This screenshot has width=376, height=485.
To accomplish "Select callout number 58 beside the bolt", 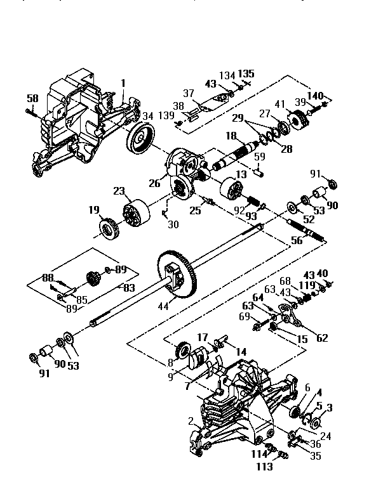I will [x=32, y=98].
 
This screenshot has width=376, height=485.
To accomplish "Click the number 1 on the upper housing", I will [x=123, y=82].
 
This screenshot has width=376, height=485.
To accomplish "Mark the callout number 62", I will [x=321, y=337].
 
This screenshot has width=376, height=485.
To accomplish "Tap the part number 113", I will [x=264, y=467].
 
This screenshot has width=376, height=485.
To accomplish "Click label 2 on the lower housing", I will [x=191, y=421].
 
